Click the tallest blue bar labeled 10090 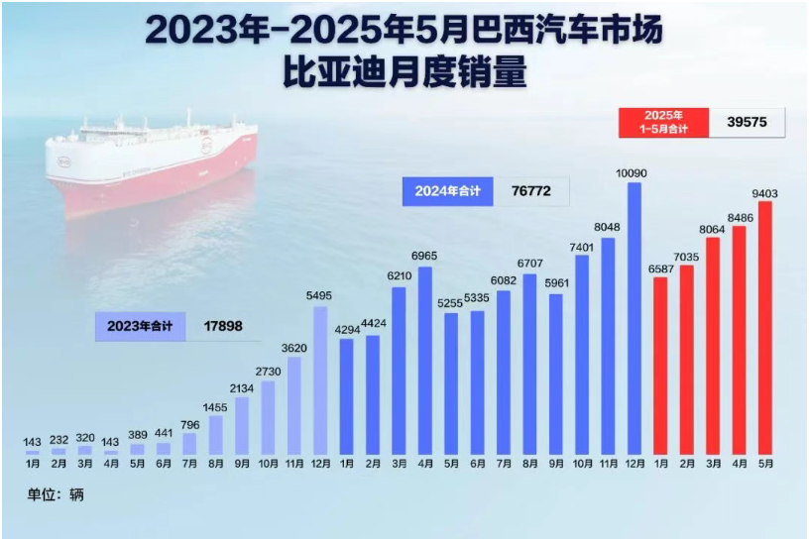[x=635, y=317]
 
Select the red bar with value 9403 [x=764, y=327]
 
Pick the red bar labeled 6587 [x=660, y=366]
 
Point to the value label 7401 [x=582, y=246]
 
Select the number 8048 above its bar [x=608, y=228]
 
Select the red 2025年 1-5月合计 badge [x=658, y=123]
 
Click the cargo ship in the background [x=149, y=163]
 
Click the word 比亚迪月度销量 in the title [x=404, y=74]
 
